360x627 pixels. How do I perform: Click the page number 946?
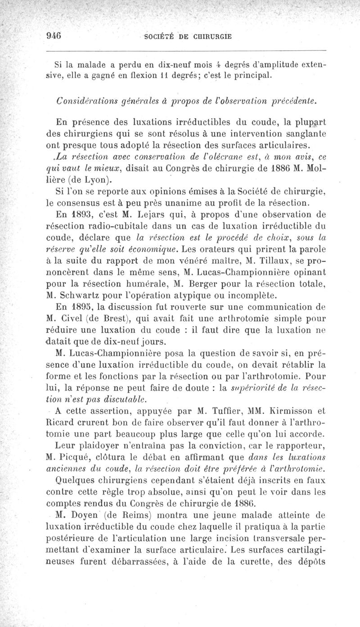click(x=54, y=36)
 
